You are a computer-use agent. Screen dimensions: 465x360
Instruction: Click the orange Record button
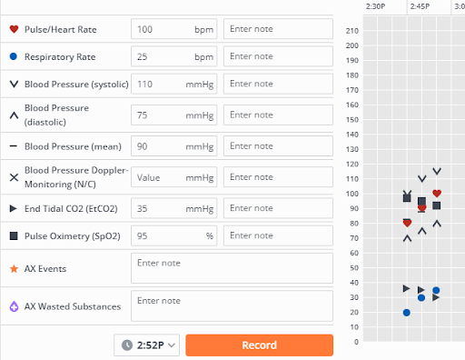260,345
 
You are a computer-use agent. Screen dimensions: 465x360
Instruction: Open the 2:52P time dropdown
147,345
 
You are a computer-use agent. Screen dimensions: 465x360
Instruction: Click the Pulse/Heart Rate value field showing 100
174,29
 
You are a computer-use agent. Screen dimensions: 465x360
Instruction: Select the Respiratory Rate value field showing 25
174,56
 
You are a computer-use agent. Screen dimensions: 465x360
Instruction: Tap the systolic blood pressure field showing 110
174,84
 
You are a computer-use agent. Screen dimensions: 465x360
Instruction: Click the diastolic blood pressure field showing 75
174,115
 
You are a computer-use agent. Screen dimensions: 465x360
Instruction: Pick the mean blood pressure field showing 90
174,146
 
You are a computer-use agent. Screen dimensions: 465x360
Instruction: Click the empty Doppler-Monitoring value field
174,177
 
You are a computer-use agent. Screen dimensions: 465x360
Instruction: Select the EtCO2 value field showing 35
174,208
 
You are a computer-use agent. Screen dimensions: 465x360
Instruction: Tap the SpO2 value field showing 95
174,235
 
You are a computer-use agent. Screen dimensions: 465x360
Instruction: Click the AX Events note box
232,268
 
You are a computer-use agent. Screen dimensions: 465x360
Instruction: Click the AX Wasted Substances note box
232,305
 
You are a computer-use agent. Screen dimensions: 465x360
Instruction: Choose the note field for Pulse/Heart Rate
278,29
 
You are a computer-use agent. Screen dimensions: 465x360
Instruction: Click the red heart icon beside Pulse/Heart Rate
14,29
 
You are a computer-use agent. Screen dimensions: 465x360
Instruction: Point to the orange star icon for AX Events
14,269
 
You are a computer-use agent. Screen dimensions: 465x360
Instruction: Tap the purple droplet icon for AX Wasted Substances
14,306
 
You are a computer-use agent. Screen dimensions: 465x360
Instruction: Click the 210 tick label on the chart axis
352,31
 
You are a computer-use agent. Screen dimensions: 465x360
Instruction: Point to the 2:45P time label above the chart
420,6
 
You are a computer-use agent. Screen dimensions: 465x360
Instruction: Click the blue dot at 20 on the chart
407,313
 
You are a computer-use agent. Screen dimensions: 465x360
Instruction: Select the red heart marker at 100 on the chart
437,194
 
